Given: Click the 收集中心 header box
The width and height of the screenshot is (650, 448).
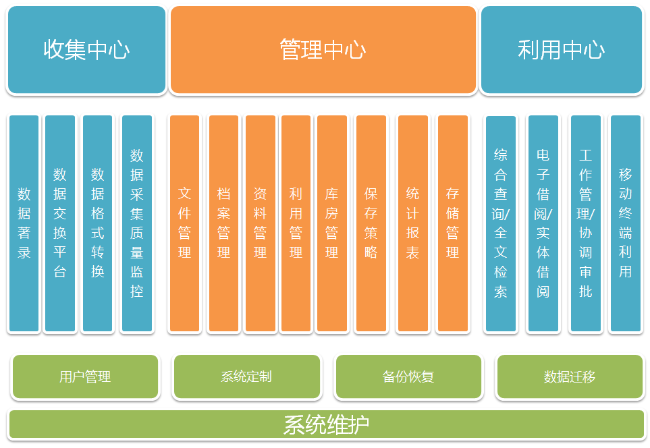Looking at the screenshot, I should click(86, 50).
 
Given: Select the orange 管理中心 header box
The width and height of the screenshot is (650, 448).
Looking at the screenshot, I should click(323, 50).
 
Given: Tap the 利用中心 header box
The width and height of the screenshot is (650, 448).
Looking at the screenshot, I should click(561, 50).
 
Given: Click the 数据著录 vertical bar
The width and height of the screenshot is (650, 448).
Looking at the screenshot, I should click(24, 223).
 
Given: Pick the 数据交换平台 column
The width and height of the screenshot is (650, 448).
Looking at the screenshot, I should click(60, 223).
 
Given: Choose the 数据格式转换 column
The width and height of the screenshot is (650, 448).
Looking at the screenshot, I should click(98, 223).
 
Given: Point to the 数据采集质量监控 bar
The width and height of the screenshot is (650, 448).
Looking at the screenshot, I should click(136, 223).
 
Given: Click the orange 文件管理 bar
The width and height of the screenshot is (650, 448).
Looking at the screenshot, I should click(184, 223).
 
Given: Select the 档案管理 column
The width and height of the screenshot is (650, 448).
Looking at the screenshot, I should click(223, 223).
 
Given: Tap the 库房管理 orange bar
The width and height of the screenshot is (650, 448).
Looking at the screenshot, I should click(331, 223).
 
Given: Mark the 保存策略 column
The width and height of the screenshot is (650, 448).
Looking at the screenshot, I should click(371, 223).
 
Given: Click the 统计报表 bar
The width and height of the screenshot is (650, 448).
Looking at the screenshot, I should click(412, 223).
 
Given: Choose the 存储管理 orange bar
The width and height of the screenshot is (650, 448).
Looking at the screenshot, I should click(452, 223).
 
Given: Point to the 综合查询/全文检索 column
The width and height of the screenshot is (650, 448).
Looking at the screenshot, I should click(500, 223).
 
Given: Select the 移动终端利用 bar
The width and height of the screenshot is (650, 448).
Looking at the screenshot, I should click(625, 223).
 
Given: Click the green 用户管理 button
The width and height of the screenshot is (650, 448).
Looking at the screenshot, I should click(85, 376).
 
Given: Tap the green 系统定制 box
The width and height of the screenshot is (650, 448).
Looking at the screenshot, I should click(246, 376).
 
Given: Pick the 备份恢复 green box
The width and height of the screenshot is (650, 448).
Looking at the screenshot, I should click(408, 376).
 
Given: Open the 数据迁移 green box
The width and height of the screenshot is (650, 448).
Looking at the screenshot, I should click(570, 376).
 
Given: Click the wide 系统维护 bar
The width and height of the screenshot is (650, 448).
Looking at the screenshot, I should click(326, 424).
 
